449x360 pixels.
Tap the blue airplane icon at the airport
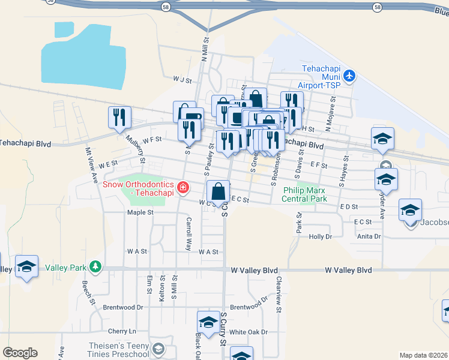coord(351,76)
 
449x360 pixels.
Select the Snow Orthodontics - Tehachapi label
coord(137,188)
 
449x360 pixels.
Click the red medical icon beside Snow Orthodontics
coord(182,188)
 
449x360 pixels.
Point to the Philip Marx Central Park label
coord(305,194)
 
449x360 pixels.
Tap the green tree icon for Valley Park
coord(94,266)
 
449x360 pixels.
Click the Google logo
coord(20,353)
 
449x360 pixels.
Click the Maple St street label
coord(140,212)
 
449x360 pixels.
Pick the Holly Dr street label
coord(320,237)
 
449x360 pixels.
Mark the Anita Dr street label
coord(369,236)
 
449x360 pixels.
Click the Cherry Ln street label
coord(122,331)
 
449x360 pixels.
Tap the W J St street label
coord(182,79)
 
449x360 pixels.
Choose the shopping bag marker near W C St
coord(218,192)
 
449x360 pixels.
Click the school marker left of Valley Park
coord(26,267)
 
